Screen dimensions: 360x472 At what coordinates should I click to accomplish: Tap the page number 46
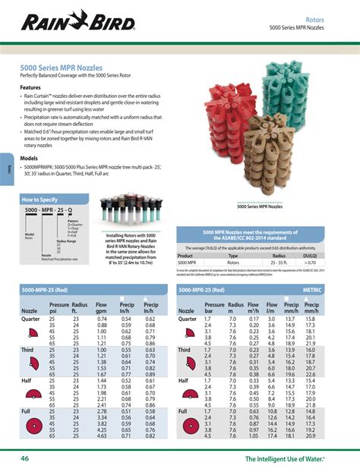tap(25, 458)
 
